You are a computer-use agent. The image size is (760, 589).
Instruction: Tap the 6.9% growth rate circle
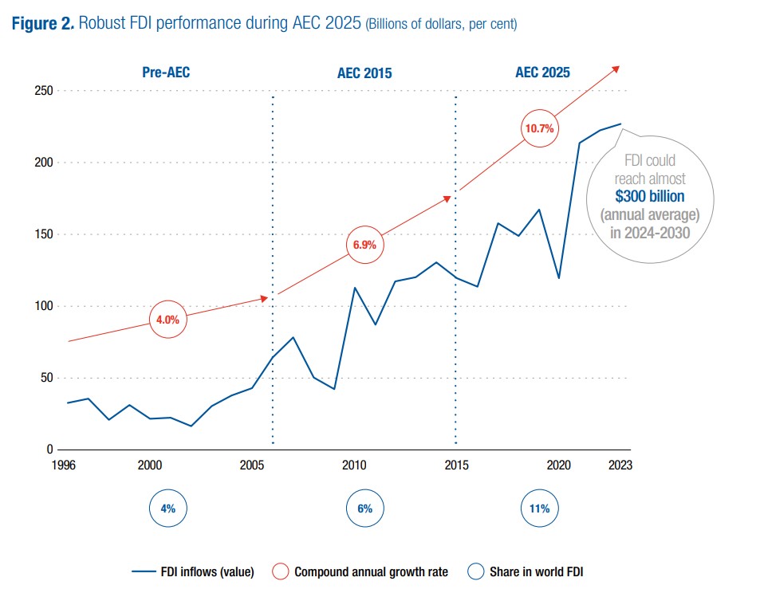(364, 245)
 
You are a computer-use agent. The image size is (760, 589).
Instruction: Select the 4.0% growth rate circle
(167, 320)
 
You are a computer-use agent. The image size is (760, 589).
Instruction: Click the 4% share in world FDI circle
(167, 509)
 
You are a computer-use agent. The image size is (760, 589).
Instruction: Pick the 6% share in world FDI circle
(364, 509)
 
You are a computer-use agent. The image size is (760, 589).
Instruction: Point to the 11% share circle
(539, 509)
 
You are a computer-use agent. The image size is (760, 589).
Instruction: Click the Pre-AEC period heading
(166, 73)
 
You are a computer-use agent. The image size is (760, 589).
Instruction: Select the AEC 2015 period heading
(364, 73)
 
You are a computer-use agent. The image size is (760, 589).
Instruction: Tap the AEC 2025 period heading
(542, 73)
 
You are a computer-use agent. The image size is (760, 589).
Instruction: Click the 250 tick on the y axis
(42, 91)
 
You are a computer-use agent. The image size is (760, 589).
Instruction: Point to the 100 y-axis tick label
(42, 307)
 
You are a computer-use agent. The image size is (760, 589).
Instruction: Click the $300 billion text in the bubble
(649, 196)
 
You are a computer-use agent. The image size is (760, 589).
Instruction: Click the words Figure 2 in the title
(43, 24)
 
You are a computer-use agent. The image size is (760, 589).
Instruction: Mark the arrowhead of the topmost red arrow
(616, 69)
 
